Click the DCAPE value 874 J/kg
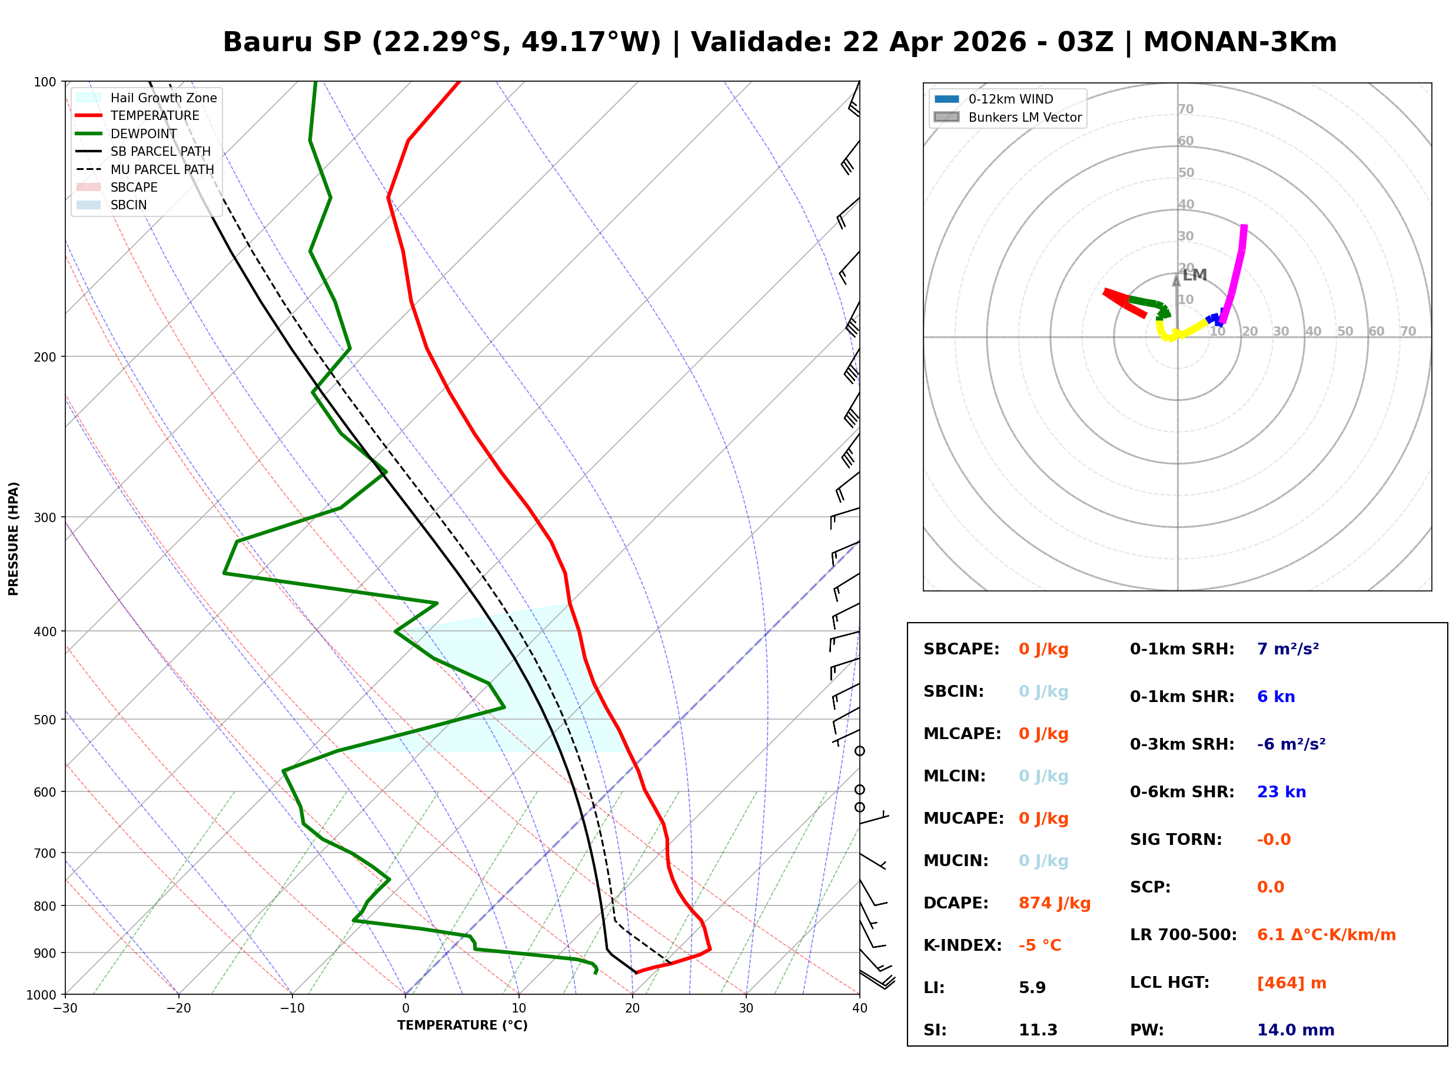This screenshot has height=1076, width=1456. [x=1054, y=903]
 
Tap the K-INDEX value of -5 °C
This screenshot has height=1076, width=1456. [x=1039, y=945]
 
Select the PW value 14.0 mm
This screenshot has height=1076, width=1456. [x=1295, y=1030]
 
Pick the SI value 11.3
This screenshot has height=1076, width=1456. [x=1038, y=1030]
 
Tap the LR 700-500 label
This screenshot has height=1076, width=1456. [x=1183, y=935]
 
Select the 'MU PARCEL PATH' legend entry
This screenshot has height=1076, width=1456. [x=162, y=169]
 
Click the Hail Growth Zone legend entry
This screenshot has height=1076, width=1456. [x=163, y=98]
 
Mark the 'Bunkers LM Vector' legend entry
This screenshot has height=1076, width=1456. [x=1025, y=117]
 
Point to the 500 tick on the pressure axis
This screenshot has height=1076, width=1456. [x=44, y=720]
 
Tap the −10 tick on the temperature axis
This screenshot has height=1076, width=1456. [x=291, y=1008]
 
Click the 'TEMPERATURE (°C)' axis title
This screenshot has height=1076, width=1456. [x=462, y=1025]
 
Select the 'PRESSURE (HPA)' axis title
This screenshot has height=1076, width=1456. [x=14, y=538]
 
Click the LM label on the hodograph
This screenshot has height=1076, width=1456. [x=1195, y=275]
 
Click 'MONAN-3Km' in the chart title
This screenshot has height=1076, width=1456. [x=1239, y=42]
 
